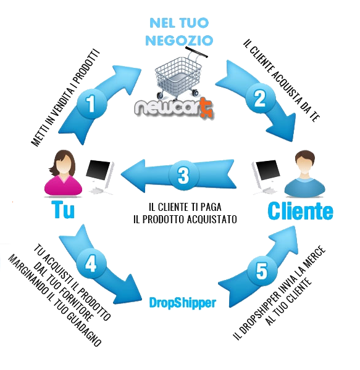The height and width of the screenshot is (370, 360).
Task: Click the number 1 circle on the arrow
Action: pyautogui.click(x=91, y=104)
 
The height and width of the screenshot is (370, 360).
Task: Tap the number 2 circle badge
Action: pyautogui.click(x=261, y=99)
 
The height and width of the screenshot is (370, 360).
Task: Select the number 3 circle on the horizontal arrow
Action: pyautogui.click(x=184, y=175)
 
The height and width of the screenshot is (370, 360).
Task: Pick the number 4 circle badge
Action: pyautogui.click(x=91, y=263)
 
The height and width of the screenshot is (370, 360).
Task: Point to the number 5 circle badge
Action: pyautogui.click(x=262, y=271)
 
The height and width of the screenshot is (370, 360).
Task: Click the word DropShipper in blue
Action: pyautogui.click(x=183, y=303)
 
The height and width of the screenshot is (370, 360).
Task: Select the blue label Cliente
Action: pyautogui.click(x=301, y=211)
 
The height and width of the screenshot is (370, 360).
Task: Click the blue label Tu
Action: pyautogui.click(x=64, y=210)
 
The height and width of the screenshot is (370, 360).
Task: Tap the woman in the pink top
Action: pyautogui.click(x=64, y=173)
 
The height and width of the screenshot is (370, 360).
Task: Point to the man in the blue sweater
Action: pyautogui.click(x=304, y=174)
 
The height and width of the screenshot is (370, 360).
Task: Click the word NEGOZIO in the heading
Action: pyautogui.click(x=179, y=40)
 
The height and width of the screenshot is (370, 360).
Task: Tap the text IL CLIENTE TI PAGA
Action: pyautogui.click(x=185, y=207)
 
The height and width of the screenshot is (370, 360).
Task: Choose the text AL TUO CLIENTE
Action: pyautogui.click(x=288, y=302)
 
